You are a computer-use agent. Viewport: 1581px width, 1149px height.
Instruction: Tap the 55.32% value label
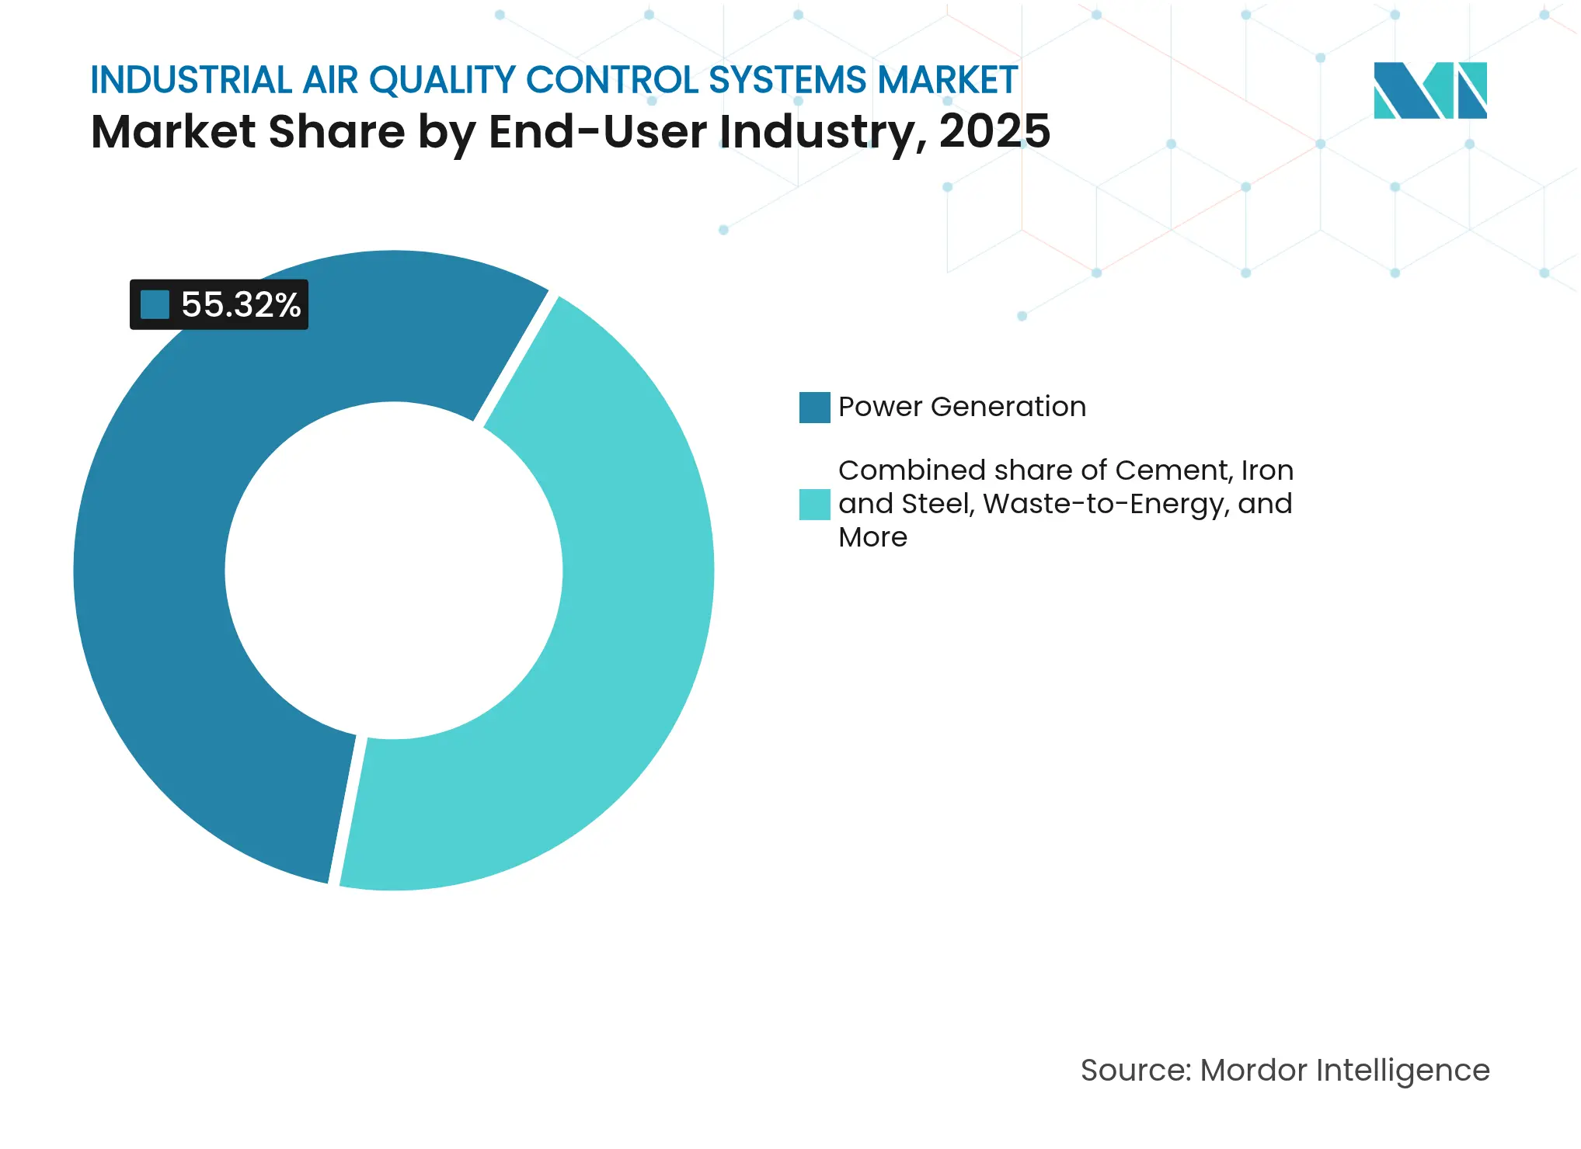(241, 304)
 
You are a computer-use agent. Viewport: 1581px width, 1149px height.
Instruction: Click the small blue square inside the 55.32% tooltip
(155, 304)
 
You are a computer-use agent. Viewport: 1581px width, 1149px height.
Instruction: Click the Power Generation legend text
(962, 407)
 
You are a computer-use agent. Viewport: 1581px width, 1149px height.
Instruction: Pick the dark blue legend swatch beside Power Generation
(814, 408)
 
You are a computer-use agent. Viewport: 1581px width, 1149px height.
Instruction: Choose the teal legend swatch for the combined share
(814, 505)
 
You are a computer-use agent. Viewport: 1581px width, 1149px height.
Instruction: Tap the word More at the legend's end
(872, 537)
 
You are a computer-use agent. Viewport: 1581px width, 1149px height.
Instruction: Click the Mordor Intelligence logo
(1430, 90)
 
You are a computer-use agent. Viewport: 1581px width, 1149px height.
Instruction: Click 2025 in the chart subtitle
(994, 131)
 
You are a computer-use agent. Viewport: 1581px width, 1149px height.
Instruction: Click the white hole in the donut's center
(394, 571)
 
